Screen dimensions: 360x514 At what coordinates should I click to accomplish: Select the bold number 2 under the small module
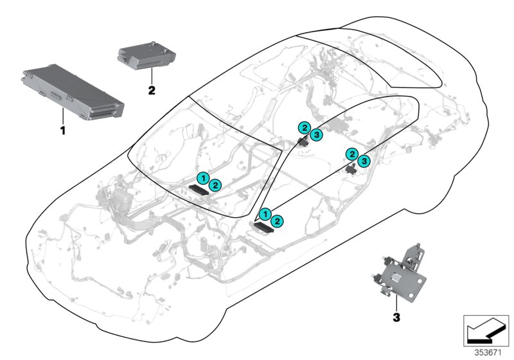pyautogui.click(x=152, y=91)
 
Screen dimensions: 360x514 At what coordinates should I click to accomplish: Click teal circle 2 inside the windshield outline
pyautogui.click(x=216, y=185)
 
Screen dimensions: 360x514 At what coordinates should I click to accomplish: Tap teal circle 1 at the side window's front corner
pyautogui.click(x=265, y=213)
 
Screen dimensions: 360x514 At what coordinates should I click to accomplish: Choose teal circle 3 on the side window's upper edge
pyautogui.click(x=317, y=134)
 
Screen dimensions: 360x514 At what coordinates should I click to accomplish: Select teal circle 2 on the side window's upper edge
pyautogui.click(x=305, y=127)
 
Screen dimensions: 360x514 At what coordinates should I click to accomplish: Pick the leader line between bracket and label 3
pyautogui.click(x=396, y=303)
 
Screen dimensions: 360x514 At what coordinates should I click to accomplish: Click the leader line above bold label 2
pyautogui.click(x=152, y=76)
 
